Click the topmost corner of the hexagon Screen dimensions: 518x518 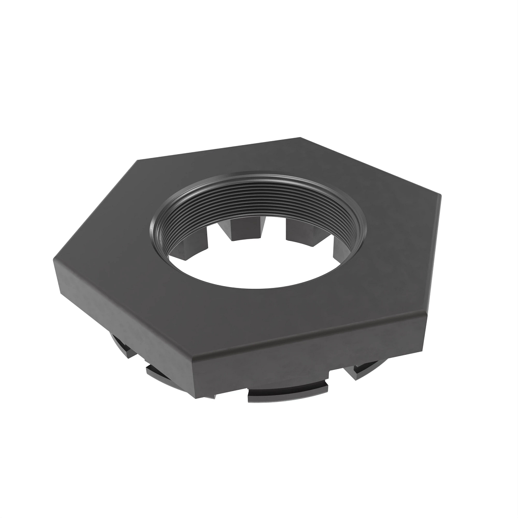point(300,138)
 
